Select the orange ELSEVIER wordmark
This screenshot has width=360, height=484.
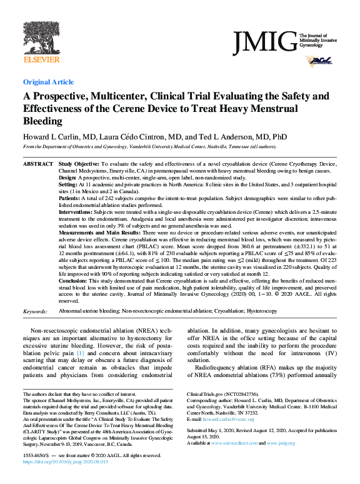point(41,59)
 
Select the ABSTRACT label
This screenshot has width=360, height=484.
point(37,163)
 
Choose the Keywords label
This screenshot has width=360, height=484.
point(35,311)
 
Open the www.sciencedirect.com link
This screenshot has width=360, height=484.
point(237,443)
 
